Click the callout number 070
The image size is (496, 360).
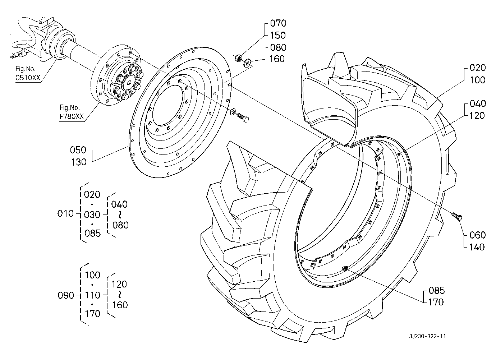click(278, 24)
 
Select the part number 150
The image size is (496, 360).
click(278, 36)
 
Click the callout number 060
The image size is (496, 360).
click(477, 235)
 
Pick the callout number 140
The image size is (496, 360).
click(477, 247)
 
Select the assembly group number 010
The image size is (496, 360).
click(65, 214)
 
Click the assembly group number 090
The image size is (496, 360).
click(66, 295)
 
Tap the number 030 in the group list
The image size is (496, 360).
click(92, 214)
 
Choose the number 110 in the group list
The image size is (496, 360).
click(92, 295)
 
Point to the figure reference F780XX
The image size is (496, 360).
click(72, 117)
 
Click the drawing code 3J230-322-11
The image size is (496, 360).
click(427, 337)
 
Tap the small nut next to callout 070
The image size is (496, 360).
click(237, 58)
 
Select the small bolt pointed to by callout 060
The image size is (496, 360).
click(457, 216)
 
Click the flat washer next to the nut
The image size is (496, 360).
click(247, 64)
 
